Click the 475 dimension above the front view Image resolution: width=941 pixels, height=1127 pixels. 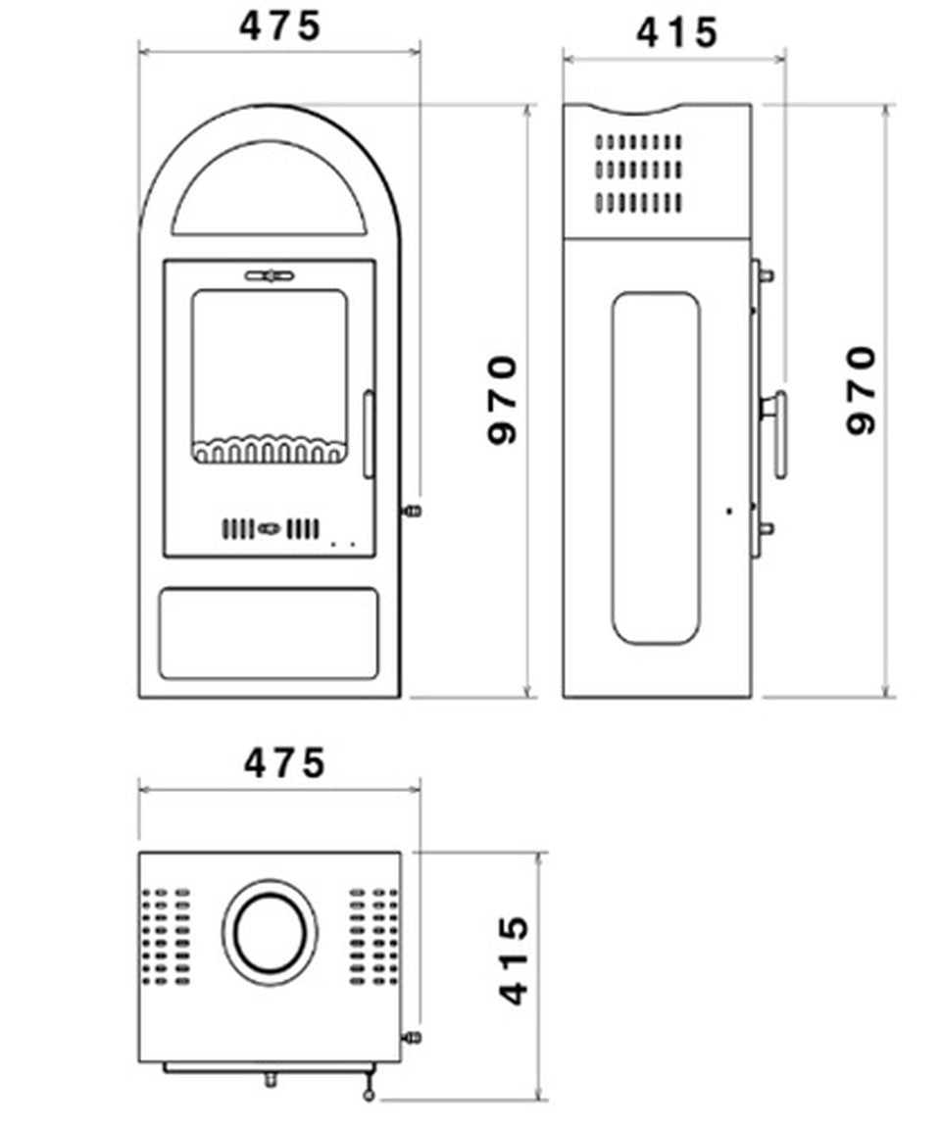(279, 26)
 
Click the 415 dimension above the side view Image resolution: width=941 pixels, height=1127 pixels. (676, 33)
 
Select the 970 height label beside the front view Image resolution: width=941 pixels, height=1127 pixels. (502, 399)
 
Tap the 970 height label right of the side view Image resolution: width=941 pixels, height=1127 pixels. (861, 389)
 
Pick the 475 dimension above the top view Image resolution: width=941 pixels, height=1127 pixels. (283, 762)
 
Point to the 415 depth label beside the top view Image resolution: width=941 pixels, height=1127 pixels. (514, 960)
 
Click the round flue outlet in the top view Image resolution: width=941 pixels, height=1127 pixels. (270, 932)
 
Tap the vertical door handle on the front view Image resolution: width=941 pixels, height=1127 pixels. (369, 434)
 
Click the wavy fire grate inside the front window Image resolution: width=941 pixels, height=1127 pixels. (270, 450)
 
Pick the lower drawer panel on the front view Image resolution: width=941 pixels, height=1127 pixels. (269, 633)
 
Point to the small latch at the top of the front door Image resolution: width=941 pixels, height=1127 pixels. (270, 276)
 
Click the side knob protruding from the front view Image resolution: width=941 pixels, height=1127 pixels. (412, 511)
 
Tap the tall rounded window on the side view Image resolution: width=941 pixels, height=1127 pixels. (656, 467)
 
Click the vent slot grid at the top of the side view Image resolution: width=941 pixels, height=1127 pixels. (638, 172)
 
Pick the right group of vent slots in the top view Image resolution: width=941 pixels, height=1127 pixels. (373, 936)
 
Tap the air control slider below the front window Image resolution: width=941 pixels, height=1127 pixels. (270, 529)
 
